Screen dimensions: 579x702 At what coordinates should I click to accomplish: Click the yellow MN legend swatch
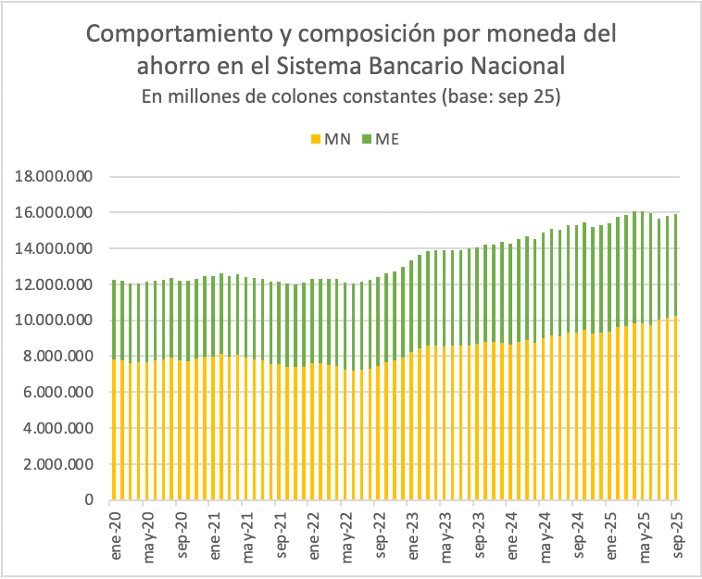tap(314, 139)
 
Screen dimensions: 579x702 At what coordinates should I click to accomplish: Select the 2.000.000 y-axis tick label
tap(56, 464)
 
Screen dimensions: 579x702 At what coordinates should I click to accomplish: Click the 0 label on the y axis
tap(89, 500)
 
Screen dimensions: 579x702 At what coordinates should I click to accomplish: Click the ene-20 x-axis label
tap(116, 537)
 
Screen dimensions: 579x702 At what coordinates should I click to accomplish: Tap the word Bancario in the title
tap(430, 67)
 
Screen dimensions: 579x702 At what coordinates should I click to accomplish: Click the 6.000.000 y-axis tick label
tap(56, 392)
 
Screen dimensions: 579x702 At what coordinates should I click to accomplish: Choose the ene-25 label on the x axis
tap(610, 537)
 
